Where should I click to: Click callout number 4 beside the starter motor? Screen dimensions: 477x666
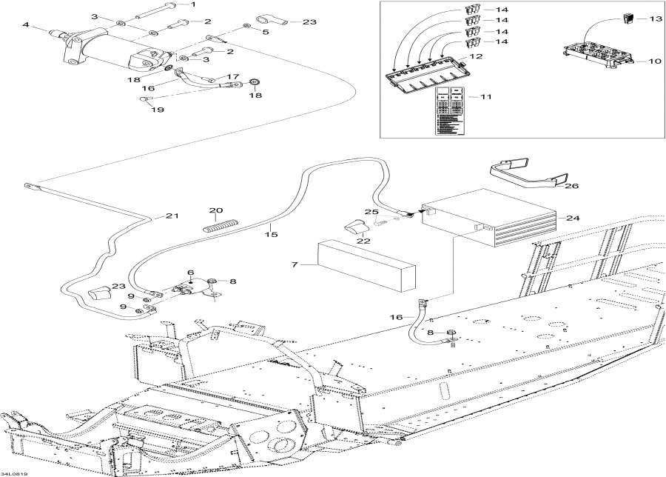26,24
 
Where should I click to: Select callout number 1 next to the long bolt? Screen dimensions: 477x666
194,5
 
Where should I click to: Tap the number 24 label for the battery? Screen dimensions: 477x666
572,218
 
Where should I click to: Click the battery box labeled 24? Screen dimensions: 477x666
488,219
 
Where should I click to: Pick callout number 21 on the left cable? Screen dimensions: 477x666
172,216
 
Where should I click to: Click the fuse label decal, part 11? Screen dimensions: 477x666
449,111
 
